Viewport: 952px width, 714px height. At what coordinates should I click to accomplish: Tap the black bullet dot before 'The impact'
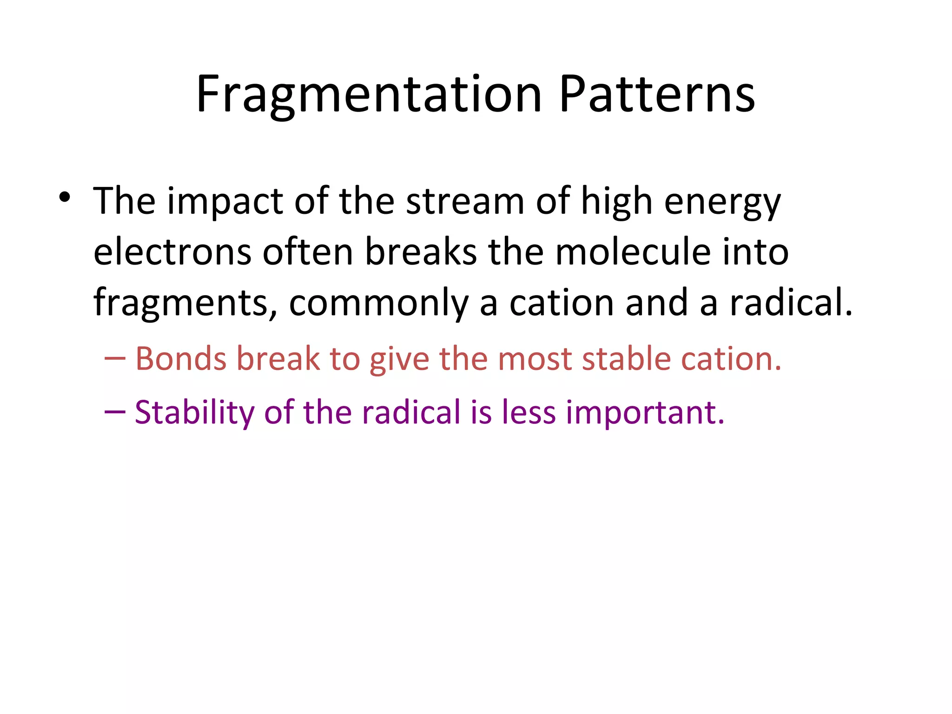pyautogui.click(x=65, y=198)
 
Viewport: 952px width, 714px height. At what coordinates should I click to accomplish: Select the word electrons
pyautogui.click(x=172, y=252)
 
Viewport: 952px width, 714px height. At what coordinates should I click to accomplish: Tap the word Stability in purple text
pyautogui.click(x=194, y=413)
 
